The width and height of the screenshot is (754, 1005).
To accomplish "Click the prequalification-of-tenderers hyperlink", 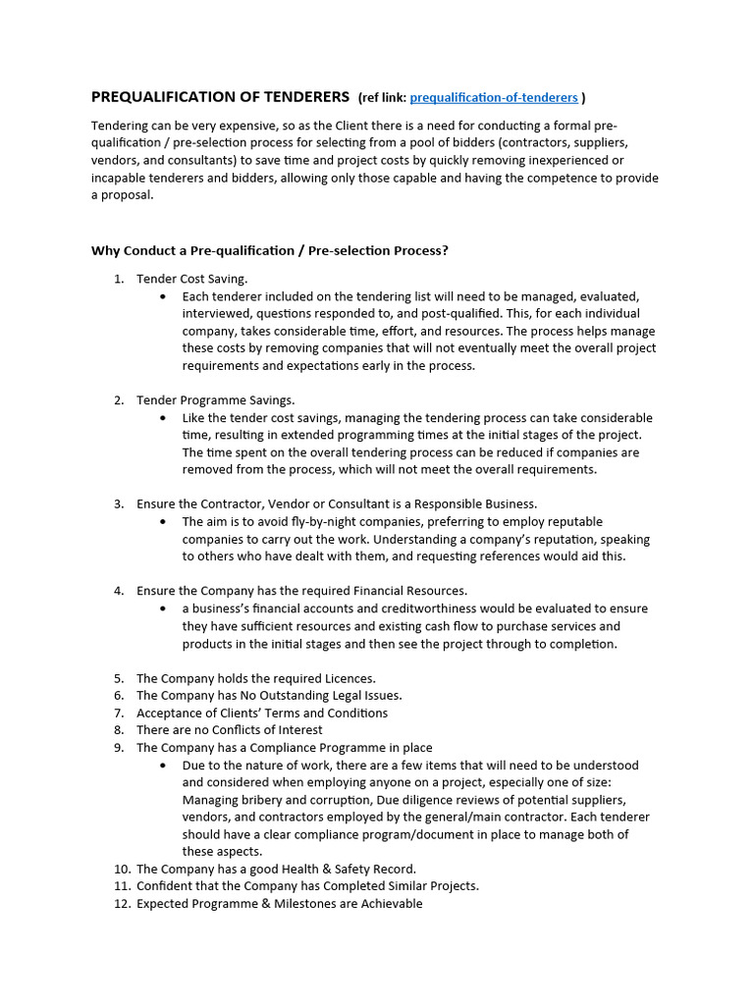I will (493, 97).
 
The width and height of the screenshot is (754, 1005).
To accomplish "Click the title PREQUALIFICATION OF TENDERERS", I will (220, 96).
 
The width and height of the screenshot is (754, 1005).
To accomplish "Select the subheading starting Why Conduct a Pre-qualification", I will (269, 250).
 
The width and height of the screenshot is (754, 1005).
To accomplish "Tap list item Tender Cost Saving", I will (191, 279).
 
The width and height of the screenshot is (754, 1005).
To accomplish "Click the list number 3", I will (118, 504).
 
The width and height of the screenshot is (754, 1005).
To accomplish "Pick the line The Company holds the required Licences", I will (255, 678).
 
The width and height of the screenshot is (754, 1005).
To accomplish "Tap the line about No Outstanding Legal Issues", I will (268, 696).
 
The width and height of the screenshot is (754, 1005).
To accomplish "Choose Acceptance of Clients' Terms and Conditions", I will (261, 714).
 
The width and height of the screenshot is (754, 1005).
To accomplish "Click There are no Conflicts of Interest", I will (229, 730).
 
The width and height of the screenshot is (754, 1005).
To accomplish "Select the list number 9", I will (118, 748).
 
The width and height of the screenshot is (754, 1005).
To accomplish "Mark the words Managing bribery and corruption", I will (270, 800).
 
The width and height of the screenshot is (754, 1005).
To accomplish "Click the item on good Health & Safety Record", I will (276, 869).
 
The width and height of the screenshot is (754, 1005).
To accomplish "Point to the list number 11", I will (121, 886).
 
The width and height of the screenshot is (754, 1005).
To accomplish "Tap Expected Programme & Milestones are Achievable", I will (279, 904).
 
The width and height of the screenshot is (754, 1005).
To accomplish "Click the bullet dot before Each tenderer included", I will (162, 296).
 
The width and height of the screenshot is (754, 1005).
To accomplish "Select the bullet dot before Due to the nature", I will (162, 766).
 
